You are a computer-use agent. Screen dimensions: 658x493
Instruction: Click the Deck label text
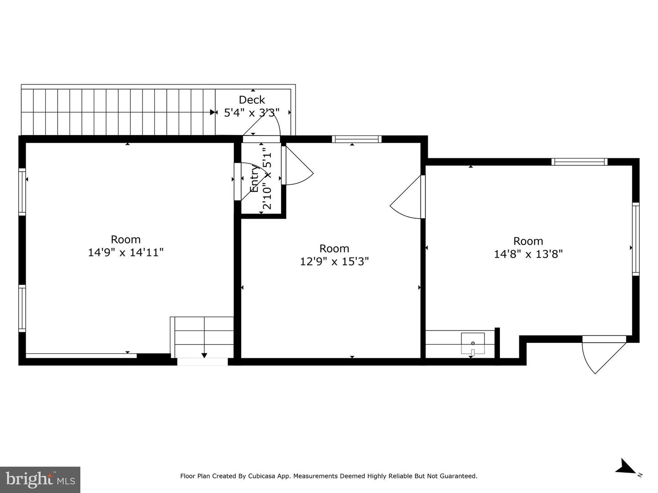pos(252,100)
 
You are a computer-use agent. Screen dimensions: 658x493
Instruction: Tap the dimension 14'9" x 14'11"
pos(126,252)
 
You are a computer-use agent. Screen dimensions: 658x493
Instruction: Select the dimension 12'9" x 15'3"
pos(334,261)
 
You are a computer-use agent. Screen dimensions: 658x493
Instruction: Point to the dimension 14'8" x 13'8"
pos(528,254)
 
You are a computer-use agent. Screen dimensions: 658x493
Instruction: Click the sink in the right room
pos(473,344)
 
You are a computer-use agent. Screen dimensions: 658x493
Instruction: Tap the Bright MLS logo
pos(40,479)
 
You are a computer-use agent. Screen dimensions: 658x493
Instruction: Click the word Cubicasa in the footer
pos(261,476)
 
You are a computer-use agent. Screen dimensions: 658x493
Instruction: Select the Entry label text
pos(254,178)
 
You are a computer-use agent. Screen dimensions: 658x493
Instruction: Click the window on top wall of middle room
pos(357,139)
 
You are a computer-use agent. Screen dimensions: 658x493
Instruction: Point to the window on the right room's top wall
pos(579,162)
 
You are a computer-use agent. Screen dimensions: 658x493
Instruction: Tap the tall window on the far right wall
pos(636,239)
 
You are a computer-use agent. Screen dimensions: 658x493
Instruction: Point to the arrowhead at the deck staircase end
pos(213,112)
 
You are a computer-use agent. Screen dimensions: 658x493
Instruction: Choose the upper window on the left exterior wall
pos(22,192)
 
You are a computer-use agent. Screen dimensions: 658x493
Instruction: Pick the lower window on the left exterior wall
pos(22,308)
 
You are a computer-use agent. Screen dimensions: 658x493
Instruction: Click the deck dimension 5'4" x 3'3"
pos(252,113)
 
